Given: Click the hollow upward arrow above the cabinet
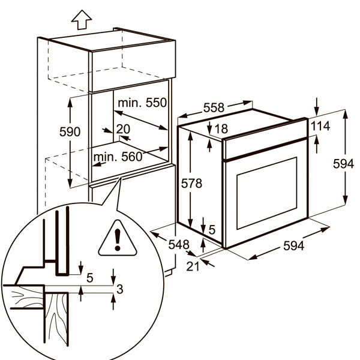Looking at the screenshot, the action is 82,20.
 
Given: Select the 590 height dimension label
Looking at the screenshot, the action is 70,132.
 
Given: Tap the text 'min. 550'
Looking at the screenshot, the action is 142,103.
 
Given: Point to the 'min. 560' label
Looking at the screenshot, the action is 118,157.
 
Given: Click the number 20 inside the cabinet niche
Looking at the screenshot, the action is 123,129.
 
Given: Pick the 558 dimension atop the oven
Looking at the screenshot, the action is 214,107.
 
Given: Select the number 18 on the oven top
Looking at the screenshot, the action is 222,129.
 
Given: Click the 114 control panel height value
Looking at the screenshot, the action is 320,126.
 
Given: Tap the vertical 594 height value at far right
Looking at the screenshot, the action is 343,164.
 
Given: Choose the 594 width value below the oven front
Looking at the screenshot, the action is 293,246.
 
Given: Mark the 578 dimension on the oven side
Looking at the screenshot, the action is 192,184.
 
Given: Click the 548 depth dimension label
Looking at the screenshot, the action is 179,245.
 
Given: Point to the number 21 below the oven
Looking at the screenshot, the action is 193,266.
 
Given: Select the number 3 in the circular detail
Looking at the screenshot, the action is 120,289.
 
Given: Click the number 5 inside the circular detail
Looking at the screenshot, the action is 90,278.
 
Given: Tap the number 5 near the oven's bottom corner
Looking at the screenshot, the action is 212,230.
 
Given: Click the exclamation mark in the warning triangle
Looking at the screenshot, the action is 118,239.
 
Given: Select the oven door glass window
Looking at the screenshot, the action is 267,193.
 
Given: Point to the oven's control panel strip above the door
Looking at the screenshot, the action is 266,139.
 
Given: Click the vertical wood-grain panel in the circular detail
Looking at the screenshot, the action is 56,319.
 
